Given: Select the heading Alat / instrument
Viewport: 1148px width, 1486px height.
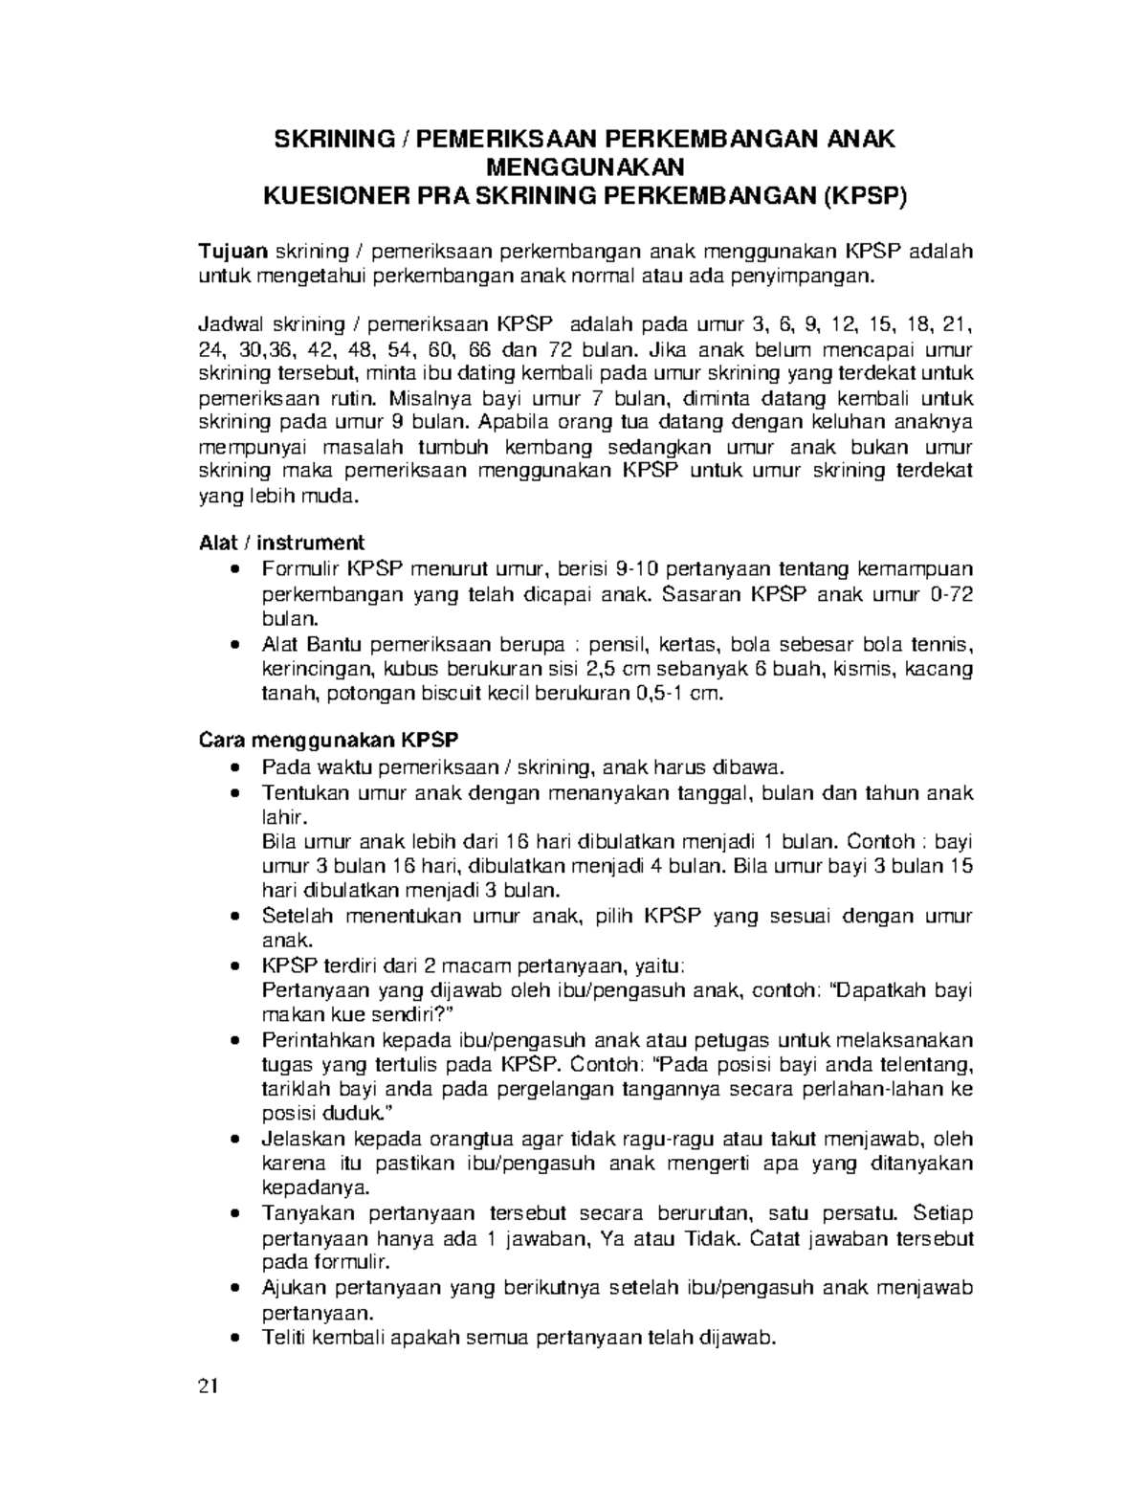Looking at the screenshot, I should pyautogui.click(x=280, y=543).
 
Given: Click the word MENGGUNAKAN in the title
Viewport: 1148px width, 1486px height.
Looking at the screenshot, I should pyautogui.click(x=586, y=167).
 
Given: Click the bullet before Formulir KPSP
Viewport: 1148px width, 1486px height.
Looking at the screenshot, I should pyautogui.click(x=236, y=570).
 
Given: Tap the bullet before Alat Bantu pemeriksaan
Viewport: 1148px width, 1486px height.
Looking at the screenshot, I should pyautogui.click(x=236, y=645).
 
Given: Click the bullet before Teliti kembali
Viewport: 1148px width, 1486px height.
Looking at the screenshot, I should pyautogui.click(x=236, y=1339).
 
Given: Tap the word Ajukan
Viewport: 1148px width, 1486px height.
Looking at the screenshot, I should pyautogui.click(x=290, y=1288).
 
